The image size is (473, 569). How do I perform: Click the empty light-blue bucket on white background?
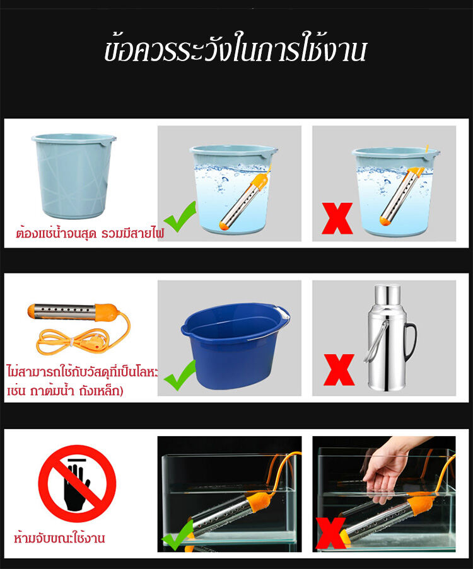74,176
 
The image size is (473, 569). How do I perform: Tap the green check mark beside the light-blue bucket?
180,217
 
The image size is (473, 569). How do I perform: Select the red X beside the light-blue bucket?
337,218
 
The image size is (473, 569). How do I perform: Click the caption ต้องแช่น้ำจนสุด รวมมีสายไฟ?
90,233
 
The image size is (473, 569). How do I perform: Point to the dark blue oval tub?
235,345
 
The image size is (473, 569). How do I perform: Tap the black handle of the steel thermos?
411,342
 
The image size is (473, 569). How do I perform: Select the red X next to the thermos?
339,370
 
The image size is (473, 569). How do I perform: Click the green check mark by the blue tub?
180,375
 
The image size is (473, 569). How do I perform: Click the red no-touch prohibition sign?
77,483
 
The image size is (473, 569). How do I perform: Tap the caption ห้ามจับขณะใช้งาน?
59,537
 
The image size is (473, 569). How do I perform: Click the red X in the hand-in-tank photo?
330,533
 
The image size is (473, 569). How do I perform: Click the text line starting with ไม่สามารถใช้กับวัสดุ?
83,372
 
